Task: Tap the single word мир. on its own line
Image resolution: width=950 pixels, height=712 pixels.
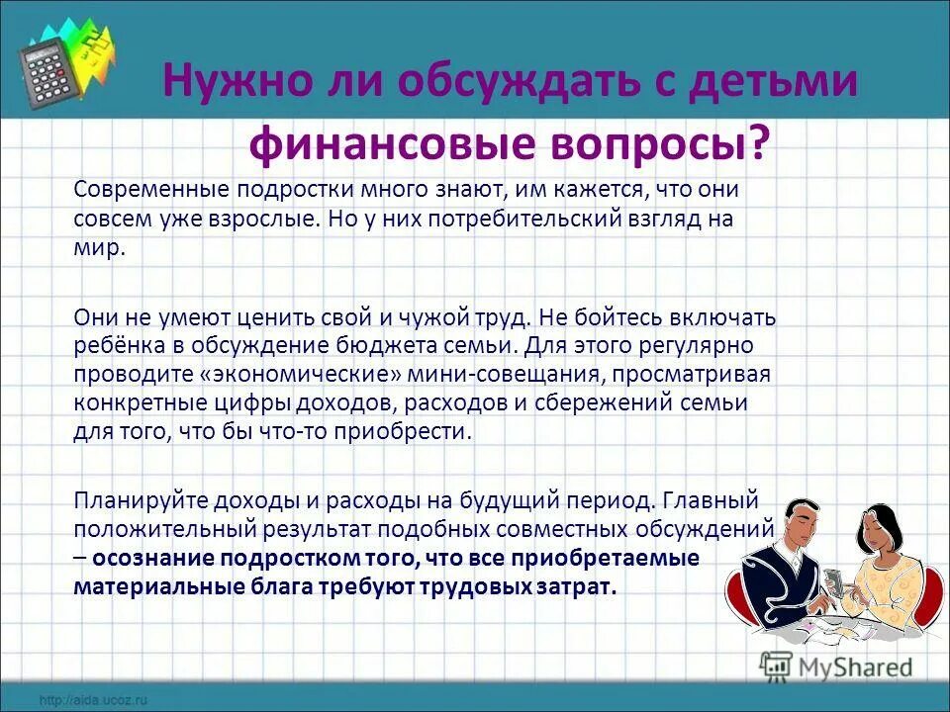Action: pos(99,247)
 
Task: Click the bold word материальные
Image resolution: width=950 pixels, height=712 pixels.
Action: pos(149,585)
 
